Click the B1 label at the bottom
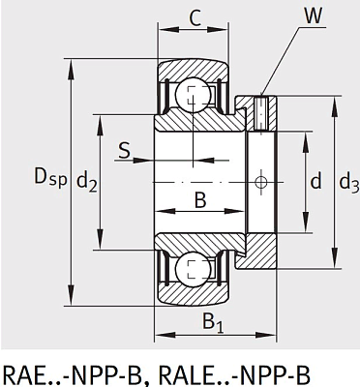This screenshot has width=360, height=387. click(x=213, y=323)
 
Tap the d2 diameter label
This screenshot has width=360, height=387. click(x=86, y=180)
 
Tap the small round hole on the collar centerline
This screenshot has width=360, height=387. click(x=258, y=181)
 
